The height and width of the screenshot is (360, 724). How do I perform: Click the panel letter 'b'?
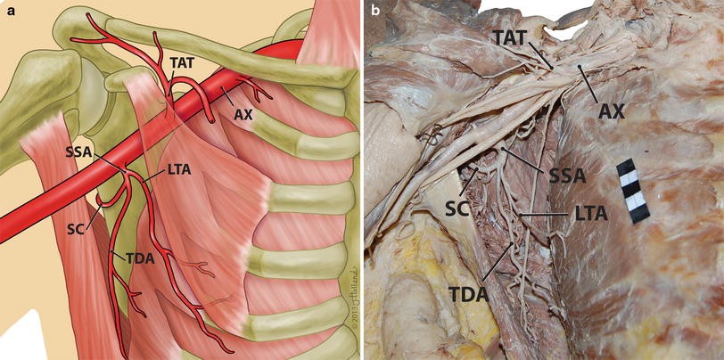[x=376, y=11]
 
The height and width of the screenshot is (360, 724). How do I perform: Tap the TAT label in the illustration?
[x=181, y=64]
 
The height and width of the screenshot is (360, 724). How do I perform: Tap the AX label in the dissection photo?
[x=611, y=110]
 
